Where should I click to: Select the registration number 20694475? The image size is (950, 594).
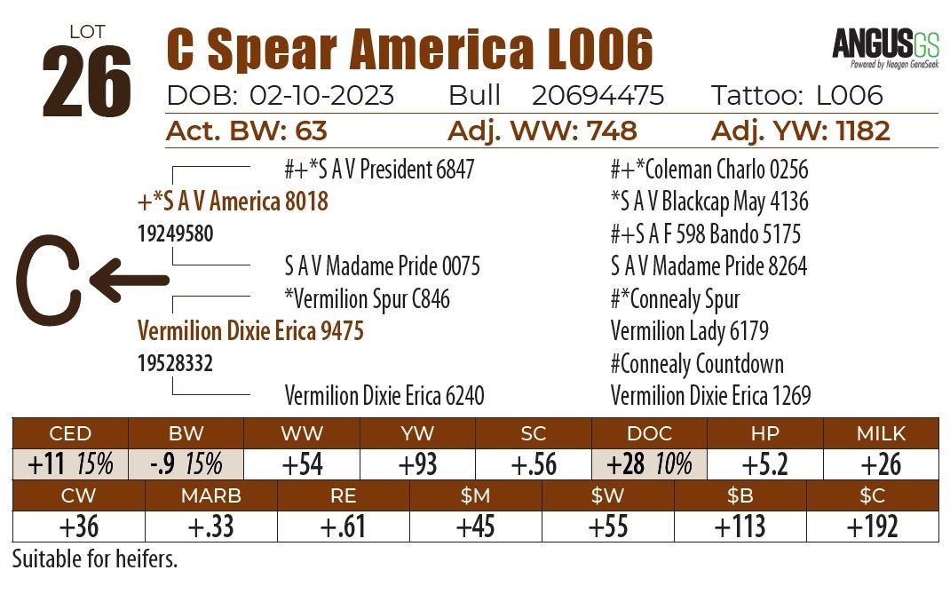[598, 96]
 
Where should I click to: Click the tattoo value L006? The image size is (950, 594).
[851, 96]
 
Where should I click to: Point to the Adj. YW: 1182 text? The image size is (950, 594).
[800, 131]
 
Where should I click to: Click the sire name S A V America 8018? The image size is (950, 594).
[233, 202]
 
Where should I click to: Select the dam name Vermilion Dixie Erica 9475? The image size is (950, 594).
[250, 331]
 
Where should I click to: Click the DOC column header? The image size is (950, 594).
[649, 433]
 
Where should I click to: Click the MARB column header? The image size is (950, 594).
[211, 495]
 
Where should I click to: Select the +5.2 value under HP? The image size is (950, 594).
[764, 463]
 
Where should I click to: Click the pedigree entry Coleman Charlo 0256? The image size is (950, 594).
[709, 169]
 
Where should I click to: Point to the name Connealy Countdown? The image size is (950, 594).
[697, 363]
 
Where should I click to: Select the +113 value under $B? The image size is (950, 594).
[740, 526]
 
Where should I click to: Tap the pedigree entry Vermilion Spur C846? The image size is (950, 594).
[367, 299]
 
